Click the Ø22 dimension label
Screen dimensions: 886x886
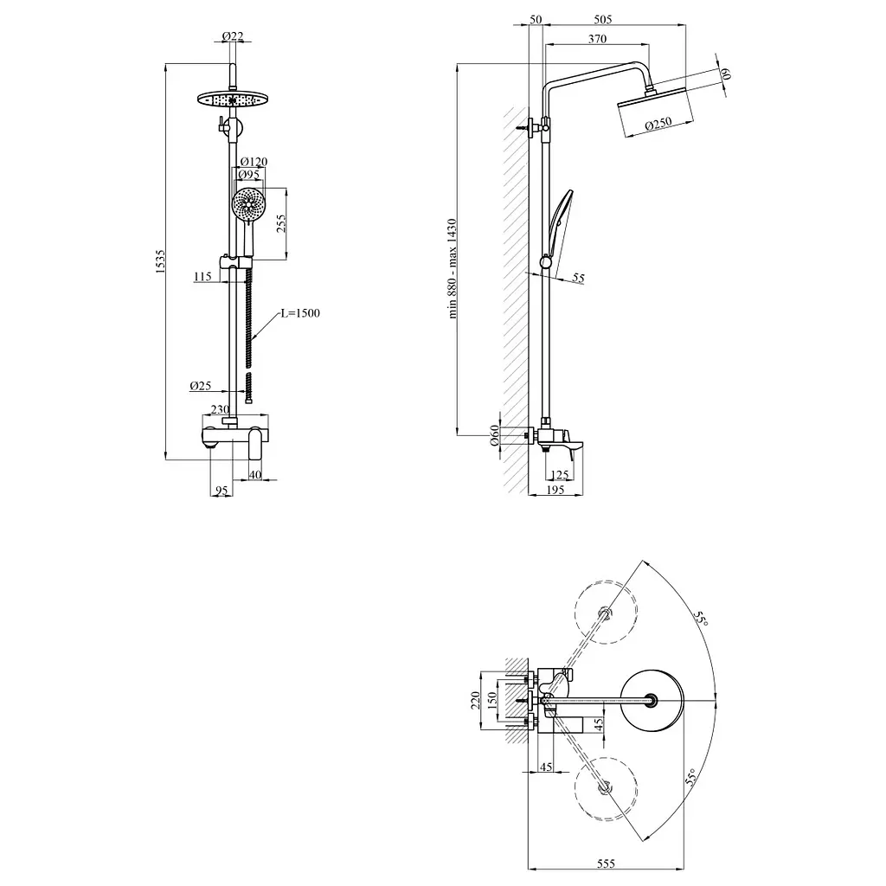point(232,36)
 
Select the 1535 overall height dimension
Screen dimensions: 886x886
point(160,262)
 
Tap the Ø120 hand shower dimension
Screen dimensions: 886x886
point(254,162)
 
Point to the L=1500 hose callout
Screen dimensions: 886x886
point(300,313)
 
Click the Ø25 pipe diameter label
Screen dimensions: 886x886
point(201,385)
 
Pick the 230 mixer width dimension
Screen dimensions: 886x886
point(221,409)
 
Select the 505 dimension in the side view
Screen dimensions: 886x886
point(603,19)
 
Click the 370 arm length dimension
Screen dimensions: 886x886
point(597,38)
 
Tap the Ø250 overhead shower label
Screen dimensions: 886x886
point(658,123)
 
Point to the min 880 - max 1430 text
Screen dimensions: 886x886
point(452,269)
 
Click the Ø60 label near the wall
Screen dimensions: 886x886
point(494,435)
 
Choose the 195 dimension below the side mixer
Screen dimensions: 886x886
point(555,490)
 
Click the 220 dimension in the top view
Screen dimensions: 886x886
point(475,700)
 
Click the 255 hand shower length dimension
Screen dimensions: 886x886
point(281,223)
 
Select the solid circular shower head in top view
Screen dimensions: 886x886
point(652,701)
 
